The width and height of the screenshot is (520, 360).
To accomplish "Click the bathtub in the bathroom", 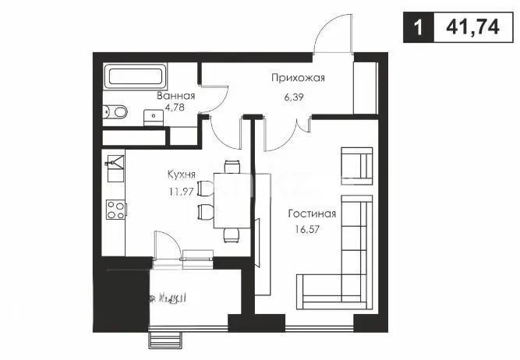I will coord(134,77).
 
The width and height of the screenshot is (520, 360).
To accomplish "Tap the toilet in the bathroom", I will coord(116,112).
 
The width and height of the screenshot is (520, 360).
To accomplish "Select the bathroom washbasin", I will coord(150,117).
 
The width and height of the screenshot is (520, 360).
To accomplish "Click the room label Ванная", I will coord(175,97).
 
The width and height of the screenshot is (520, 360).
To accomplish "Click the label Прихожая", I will coord(297,78).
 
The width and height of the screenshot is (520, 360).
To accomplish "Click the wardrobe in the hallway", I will coord(364,86).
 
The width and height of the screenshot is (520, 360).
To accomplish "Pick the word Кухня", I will coord(182,175).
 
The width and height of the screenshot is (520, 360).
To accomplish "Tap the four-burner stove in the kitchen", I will coord(115,209).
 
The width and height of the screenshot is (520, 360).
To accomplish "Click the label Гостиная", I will coord(311,214).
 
